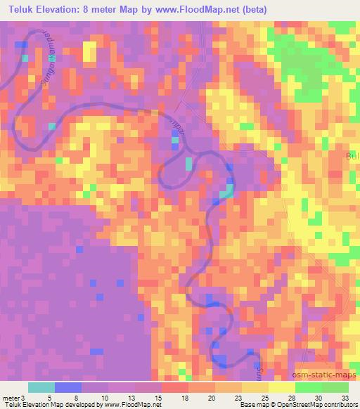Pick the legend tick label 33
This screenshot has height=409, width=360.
coord(345,398)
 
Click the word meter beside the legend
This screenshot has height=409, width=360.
coord(10,398)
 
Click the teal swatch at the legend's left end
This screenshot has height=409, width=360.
coord(41,387)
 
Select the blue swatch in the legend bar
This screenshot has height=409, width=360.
coord(68,387)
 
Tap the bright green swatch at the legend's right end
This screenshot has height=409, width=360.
coord(335,387)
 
